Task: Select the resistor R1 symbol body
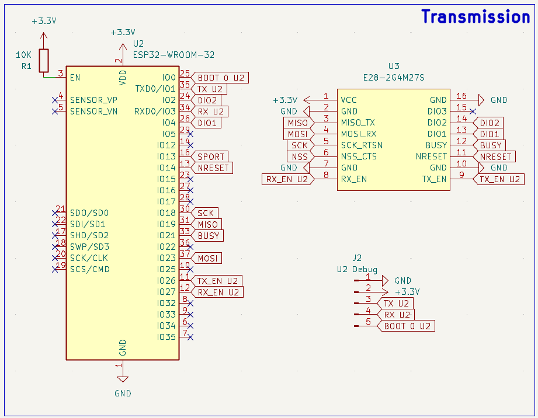click(x=44, y=60)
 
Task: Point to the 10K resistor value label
click(x=24, y=55)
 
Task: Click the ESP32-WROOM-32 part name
click(x=173, y=55)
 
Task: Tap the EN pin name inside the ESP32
click(x=75, y=77)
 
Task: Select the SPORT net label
click(x=211, y=156)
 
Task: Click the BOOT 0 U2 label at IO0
click(x=221, y=78)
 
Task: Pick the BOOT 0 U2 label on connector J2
click(x=407, y=326)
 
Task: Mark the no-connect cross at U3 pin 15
click(x=473, y=111)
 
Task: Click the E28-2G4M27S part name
click(x=394, y=77)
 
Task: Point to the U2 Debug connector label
click(x=357, y=269)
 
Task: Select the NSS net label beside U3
click(x=300, y=156)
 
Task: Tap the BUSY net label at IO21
click(x=209, y=235)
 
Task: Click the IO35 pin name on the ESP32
click(x=166, y=337)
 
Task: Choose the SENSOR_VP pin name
click(x=93, y=100)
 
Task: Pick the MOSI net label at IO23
click(x=207, y=258)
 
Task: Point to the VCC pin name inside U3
click(x=349, y=100)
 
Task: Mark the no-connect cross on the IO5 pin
click(x=190, y=134)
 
